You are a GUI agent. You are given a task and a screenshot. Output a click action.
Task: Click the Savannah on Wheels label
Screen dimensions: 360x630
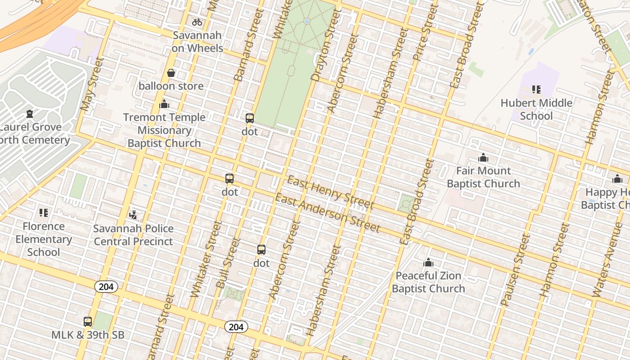coord(197,42)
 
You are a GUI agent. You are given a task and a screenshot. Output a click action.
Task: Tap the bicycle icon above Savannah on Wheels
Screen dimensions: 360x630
coord(197,22)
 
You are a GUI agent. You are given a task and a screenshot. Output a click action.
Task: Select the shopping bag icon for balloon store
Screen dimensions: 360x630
coord(171,73)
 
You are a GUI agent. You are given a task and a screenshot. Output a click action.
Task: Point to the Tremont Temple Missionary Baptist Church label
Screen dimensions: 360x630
coord(164,130)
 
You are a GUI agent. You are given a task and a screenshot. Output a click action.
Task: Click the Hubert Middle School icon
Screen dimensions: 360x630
coord(536,90)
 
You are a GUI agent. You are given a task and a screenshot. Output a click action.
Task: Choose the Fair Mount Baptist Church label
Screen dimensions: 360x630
coord(483,177)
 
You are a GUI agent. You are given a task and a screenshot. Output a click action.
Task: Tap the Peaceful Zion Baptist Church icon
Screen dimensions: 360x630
coord(428,262)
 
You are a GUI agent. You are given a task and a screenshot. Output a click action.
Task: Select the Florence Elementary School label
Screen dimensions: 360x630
coord(44,239)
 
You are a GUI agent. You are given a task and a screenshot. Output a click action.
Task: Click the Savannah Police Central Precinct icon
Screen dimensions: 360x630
coord(133,215)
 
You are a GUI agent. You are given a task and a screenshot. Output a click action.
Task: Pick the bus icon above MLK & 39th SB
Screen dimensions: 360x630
coord(88,322)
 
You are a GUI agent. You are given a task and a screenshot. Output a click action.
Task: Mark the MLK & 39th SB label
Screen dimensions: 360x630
coord(88,335)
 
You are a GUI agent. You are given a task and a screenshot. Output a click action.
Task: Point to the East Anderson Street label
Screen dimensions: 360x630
coord(328,213)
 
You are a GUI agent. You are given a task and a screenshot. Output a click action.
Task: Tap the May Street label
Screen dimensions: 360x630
coord(92,84)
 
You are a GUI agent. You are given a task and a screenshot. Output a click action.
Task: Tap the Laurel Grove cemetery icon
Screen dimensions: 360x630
coord(30,114)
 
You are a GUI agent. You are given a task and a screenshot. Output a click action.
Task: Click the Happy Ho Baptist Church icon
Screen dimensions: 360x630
coord(617,179)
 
